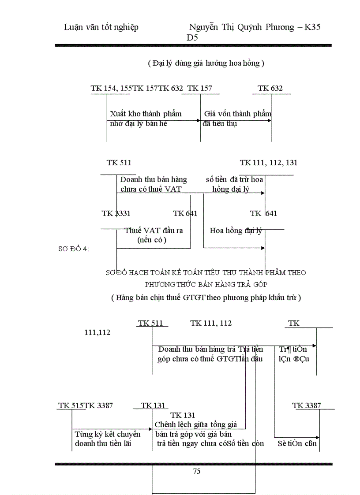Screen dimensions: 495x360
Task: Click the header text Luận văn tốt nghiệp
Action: pyautogui.click(x=101, y=27)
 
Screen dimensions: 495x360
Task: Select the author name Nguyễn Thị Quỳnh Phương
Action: pyautogui.click(x=242, y=27)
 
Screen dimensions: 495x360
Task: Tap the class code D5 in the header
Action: pyautogui.click(x=192, y=38)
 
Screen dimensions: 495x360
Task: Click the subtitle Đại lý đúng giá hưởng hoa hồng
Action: pyautogui.click(x=206, y=63)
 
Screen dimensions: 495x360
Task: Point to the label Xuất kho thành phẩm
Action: pyautogui.click(x=146, y=114)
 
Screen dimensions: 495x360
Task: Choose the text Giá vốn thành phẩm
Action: pyautogui.click(x=237, y=114)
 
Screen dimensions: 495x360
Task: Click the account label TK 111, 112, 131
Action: pyautogui.click(x=268, y=163)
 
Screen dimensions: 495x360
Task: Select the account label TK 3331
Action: pyautogui.click(x=116, y=214)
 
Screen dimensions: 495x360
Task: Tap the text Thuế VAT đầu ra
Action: pyautogui.click(x=154, y=231)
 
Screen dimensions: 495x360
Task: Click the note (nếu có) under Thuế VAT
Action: pyautogui.click(x=152, y=240)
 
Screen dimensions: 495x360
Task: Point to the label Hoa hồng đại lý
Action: pyautogui.click(x=236, y=231)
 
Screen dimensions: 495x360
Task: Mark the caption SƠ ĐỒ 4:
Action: pyautogui.click(x=74, y=249)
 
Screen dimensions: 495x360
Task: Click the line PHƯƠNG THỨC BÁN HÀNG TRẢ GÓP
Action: pyautogui.click(x=206, y=284)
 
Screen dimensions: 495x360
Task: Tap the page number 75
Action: pyautogui.click(x=197, y=471)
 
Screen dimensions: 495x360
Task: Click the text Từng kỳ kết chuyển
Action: pyautogui.click(x=107, y=434)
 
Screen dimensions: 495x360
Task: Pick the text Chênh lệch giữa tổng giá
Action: pyautogui.click(x=195, y=425)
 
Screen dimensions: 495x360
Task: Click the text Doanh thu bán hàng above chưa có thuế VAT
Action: pyautogui.click(x=154, y=179)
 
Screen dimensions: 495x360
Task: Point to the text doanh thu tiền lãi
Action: pyautogui.click(x=103, y=443)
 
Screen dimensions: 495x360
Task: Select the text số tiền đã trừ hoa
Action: pyautogui.click(x=234, y=179)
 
